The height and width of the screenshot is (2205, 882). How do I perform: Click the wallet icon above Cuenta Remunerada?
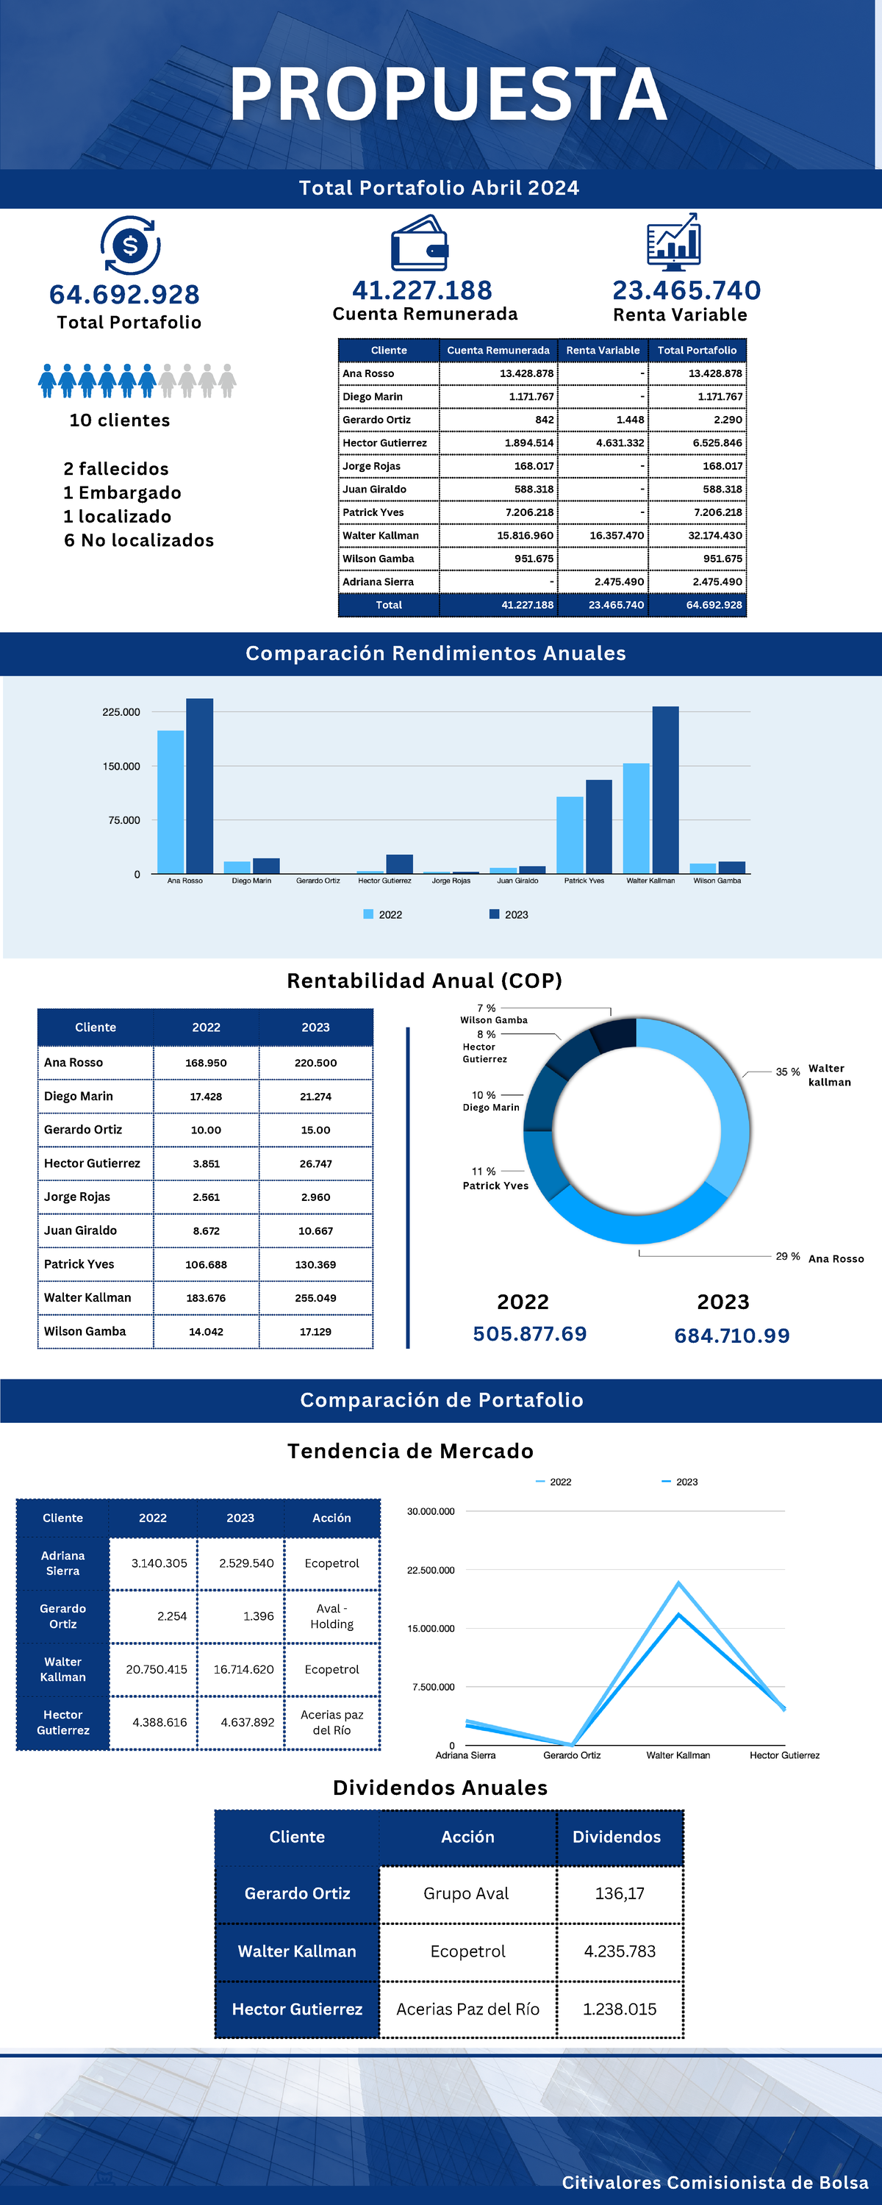click(420, 244)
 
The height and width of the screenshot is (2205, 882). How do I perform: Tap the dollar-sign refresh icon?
click(130, 245)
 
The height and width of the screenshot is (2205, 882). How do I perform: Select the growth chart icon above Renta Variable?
click(674, 243)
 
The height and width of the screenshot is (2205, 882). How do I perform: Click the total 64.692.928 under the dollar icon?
click(125, 295)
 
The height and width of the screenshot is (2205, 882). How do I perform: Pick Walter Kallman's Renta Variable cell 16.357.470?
click(616, 536)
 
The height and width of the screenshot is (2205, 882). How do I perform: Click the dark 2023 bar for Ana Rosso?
click(199, 785)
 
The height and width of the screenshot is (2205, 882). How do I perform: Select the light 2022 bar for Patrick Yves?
click(570, 834)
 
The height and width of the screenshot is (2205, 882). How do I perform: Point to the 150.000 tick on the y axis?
click(121, 766)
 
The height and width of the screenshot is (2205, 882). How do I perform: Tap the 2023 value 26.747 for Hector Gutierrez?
click(316, 1164)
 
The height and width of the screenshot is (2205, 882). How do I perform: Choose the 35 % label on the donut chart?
click(788, 1072)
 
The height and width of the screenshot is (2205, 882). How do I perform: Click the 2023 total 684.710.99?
click(731, 1335)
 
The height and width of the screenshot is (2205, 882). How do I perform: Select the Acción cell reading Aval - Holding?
click(331, 1616)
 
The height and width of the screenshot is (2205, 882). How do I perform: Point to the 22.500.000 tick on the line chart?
click(431, 1570)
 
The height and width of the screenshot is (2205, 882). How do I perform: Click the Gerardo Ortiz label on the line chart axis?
click(572, 1754)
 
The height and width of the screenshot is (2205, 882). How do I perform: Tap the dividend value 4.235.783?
click(619, 1951)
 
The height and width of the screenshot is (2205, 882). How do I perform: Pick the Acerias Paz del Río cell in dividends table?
click(467, 2009)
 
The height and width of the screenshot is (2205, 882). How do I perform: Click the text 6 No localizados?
click(139, 540)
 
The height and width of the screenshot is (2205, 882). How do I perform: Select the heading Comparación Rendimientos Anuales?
click(436, 653)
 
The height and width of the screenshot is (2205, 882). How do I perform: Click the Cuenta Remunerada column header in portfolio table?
click(498, 350)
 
